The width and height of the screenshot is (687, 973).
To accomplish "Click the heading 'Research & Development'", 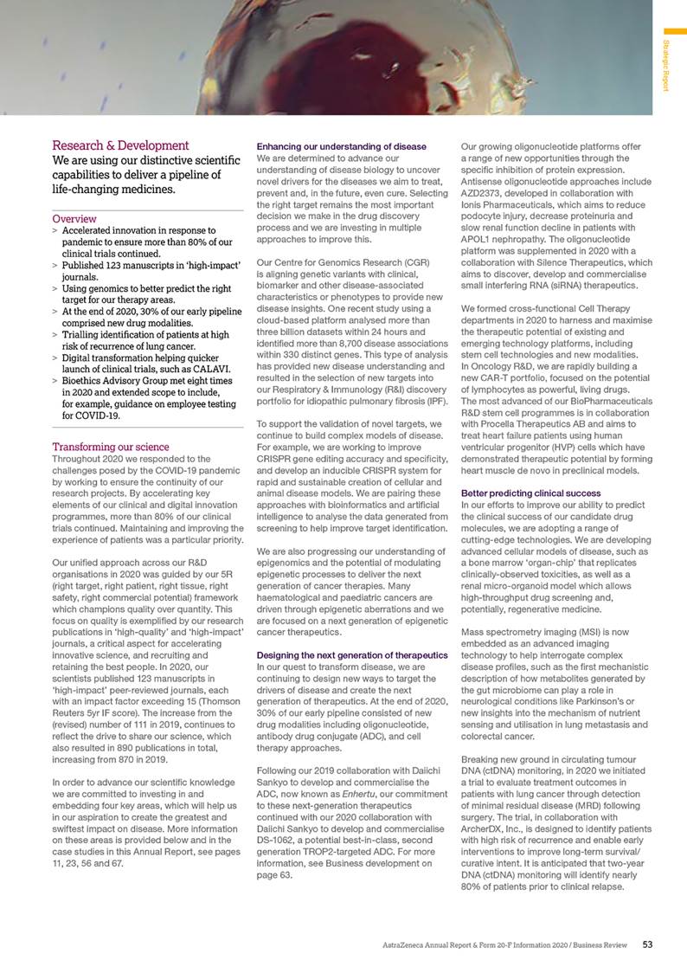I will click(120, 145).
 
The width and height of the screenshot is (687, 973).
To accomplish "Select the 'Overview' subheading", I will click(74, 219).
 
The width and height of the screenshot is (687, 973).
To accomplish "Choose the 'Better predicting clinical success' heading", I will click(530, 493).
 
